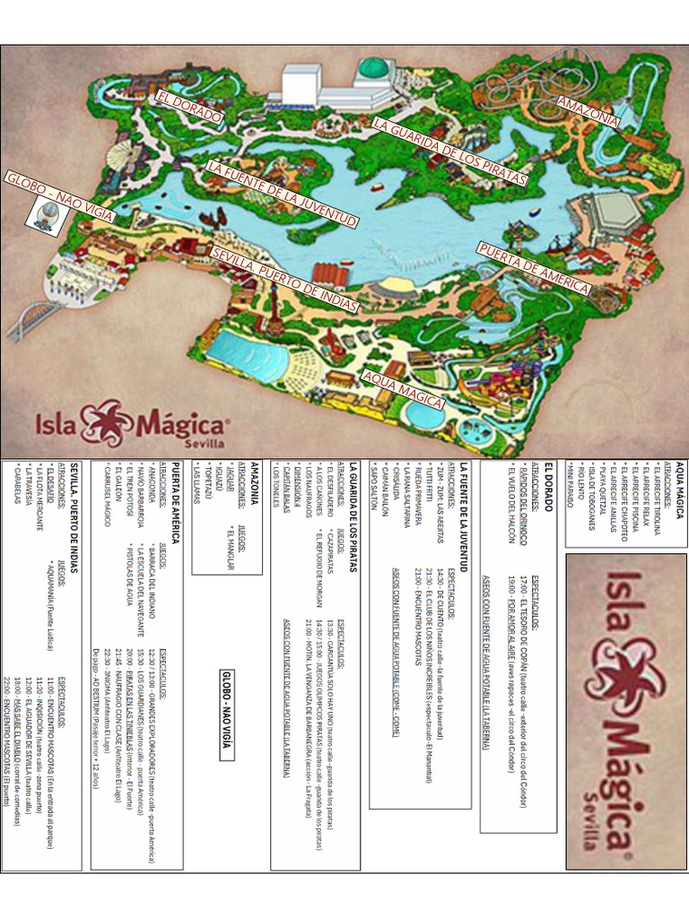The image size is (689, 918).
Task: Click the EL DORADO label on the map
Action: tap(189, 107)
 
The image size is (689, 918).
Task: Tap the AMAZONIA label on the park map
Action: tap(588, 111)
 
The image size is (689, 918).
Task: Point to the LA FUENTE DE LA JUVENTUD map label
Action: tap(283, 194)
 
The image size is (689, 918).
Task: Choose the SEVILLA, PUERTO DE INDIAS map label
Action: tap(284, 280)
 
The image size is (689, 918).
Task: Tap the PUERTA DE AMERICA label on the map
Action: tap(533, 268)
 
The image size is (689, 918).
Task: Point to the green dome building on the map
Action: tap(373, 68)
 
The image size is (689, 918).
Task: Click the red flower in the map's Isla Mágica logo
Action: tap(109, 422)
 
